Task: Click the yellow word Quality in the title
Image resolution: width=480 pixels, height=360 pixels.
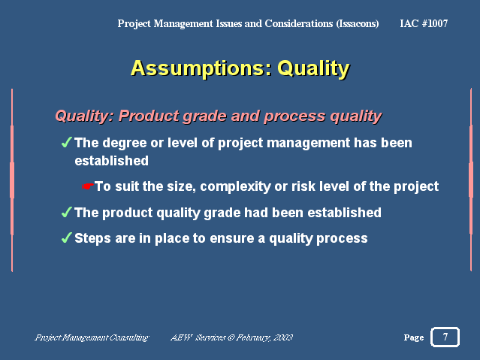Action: (x=313, y=69)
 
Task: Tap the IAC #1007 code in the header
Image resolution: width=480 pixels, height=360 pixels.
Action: (x=424, y=23)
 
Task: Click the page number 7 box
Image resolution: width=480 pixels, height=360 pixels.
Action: (x=445, y=337)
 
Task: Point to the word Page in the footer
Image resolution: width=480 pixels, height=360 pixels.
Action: (x=414, y=337)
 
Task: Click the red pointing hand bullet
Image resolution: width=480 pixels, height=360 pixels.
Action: (x=88, y=186)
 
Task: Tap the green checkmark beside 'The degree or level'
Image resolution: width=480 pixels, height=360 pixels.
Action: (x=66, y=142)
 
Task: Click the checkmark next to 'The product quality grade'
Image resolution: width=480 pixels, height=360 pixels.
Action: (x=66, y=212)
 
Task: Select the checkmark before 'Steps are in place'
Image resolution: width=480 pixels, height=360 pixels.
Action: (x=66, y=237)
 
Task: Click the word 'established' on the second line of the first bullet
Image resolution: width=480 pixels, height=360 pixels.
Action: (x=112, y=161)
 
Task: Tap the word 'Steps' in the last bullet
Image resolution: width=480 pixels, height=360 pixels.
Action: (x=92, y=239)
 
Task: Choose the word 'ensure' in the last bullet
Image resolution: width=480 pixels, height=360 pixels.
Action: (x=232, y=239)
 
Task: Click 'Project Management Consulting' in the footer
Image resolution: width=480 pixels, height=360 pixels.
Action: (x=92, y=337)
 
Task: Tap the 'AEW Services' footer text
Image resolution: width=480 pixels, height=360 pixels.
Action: (x=198, y=337)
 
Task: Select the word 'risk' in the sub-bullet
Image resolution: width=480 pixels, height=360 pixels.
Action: (x=303, y=186)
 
